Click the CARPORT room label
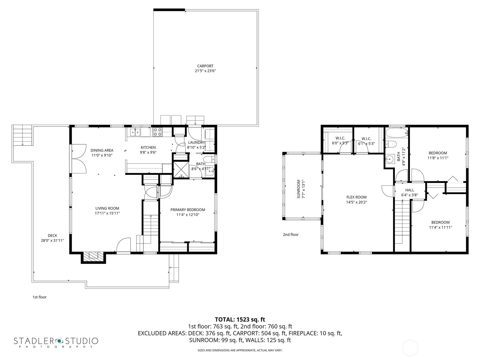pyautogui.click(x=205, y=66)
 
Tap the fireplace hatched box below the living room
pyautogui.click(x=93, y=256)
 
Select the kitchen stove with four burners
pyautogui.click(x=157, y=132)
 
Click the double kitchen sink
pyautogui.click(x=135, y=132)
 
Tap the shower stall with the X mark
pyautogui.click(x=181, y=169)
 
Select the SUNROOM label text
pyautogui.click(x=298, y=189)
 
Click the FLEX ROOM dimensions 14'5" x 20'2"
pyautogui.click(x=356, y=202)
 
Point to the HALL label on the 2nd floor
pyautogui.click(x=409, y=190)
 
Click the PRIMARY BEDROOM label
pyautogui.click(x=187, y=210)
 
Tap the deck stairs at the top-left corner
pyautogui.click(x=22, y=136)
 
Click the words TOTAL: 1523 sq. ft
pyautogui.click(x=240, y=319)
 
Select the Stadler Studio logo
pyautogui.click(x=56, y=342)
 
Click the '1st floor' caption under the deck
pyautogui.click(x=40, y=297)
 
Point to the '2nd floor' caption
pyautogui.click(x=291, y=235)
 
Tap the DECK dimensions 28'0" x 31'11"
pyautogui.click(x=52, y=240)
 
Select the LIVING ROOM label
pyautogui.click(x=107, y=208)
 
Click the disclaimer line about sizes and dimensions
pyautogui.click(x=240, y=350)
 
